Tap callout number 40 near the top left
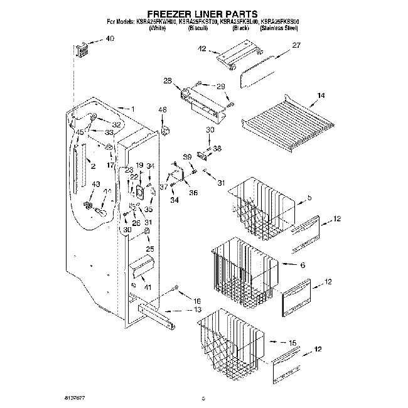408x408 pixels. (x=110, y=40)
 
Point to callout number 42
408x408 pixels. (x=202, y=48)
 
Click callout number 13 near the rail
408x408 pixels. (x=197, y=310)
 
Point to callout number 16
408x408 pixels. (x=197, y=301)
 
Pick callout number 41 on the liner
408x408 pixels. (x=148, y=287)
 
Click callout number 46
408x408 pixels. (x=163, y=110)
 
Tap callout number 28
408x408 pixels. (x=168, y=80)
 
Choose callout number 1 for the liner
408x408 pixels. (x=132, y=109)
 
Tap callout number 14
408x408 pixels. (x=321, y=95)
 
